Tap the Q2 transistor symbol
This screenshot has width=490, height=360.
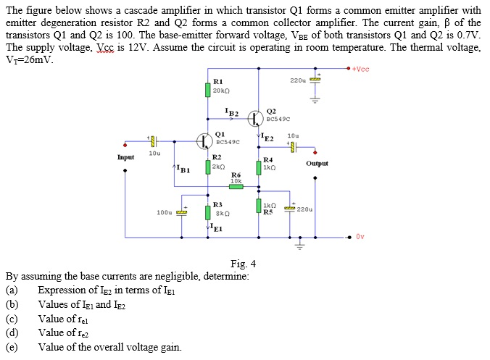256,117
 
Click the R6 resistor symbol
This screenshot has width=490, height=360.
236,186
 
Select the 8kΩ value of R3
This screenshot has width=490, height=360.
223,214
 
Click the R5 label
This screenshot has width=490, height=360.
268,212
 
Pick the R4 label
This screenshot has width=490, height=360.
268,159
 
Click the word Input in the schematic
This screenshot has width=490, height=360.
125,157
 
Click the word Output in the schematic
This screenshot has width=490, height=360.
317,164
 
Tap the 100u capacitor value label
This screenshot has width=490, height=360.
165,212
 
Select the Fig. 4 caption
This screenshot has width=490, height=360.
243,263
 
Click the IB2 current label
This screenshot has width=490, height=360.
232,112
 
